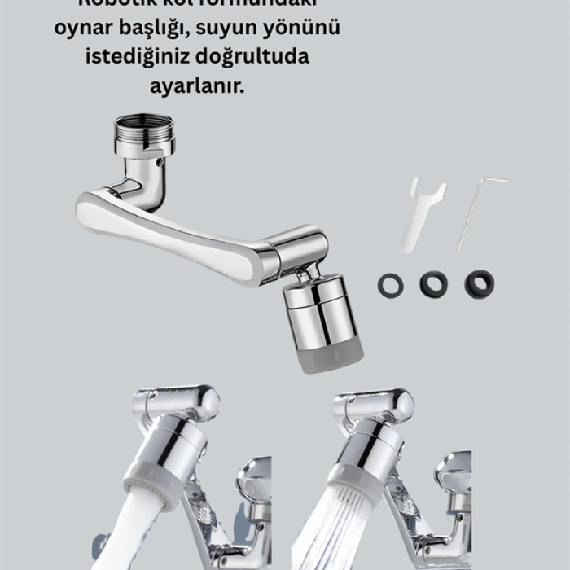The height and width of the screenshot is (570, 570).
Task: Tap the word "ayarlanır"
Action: pyautogui.click(x=196, y=85)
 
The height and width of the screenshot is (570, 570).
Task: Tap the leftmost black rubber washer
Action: pyautogui.click(x=390, y=284)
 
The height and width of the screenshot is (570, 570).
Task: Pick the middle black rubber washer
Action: pyautogui.click(x=433, y=283)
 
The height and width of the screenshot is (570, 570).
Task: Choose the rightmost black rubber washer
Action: pyautogui.click(x=479, y=283)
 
